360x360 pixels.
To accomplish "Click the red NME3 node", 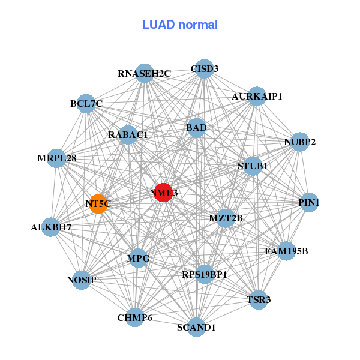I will coord(163,193).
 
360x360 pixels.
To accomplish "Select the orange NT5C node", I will coord(98,204).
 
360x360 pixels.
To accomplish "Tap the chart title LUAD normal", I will coord(180,25).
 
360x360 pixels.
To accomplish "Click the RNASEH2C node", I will coord(145,73).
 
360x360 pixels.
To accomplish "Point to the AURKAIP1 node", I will coord(257,97).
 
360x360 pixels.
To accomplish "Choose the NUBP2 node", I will coord(299,143).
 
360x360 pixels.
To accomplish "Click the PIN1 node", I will coord(309,203).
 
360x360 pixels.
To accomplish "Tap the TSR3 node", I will coord(259,299).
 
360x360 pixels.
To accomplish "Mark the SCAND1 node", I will coord(197,327).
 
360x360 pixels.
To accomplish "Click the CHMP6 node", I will coord(135,317).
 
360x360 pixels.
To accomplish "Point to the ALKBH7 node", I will coord(52,227).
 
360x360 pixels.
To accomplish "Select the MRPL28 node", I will coord(56,158).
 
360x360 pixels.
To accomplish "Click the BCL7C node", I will coord(86,104).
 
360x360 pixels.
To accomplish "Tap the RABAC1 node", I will coord(128,135).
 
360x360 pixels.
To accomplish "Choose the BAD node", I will coord(196,127).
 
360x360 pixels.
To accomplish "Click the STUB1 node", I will coord(253,166).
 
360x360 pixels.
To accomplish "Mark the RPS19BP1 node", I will coord(205,274).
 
